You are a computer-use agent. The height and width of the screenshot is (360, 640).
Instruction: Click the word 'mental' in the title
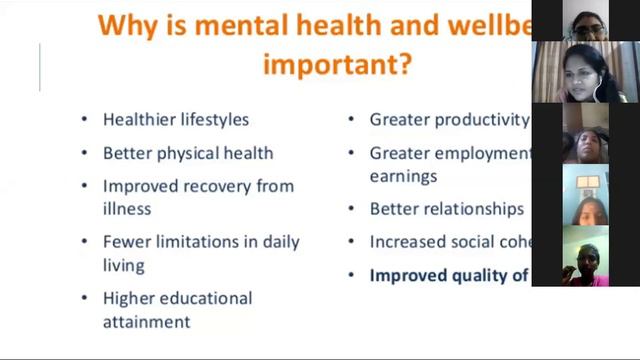pyautogui.click(x=244, y=23)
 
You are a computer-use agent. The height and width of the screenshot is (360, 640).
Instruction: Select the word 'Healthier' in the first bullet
pyautogui.click(x=139, y=120)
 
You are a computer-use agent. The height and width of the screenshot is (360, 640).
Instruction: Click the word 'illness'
pyautogui.click(x=127, y=208)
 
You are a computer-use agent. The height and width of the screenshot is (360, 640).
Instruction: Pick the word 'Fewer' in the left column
pyautogui.click(x=126, y=242)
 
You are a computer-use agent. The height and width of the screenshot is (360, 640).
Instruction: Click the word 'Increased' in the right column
pyautogui.click(x=405, y=242)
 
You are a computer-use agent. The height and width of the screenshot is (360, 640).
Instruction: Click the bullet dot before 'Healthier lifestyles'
pyautogui.click(x=84, y=120)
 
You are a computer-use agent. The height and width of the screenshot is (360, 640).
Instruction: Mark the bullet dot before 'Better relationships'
pyautogui.click(x=351, y=209)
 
